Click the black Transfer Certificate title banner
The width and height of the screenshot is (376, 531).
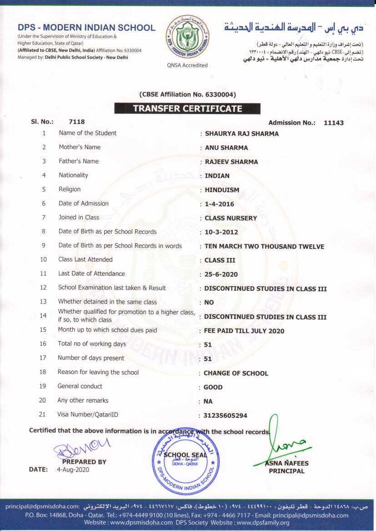tap(187, 109)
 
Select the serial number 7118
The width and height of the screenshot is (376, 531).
tap(76, 122)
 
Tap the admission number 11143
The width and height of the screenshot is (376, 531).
tap(334, 123)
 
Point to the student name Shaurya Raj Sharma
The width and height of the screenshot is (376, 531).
tap(241, 134)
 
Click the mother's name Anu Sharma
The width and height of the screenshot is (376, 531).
tap(226, 148)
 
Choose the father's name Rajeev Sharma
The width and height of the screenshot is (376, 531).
tap(231, 162)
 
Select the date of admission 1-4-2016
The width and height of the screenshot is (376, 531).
tap(219, 204)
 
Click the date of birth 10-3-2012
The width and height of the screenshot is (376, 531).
tap(221, 232)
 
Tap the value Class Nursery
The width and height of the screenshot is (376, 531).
tap(231, 218)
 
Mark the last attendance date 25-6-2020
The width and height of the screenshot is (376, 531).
tap(221, 274)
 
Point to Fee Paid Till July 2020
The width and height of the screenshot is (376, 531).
tap(244, 331)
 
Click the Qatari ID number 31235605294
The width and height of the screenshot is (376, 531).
tap(226, 416)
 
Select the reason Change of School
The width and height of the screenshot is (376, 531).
tap(236, 373)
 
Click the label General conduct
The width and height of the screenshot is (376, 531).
tap(80, 386)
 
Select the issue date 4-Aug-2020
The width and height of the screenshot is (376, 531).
tap(73, 470)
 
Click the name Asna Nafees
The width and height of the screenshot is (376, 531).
tap(287, 463)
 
